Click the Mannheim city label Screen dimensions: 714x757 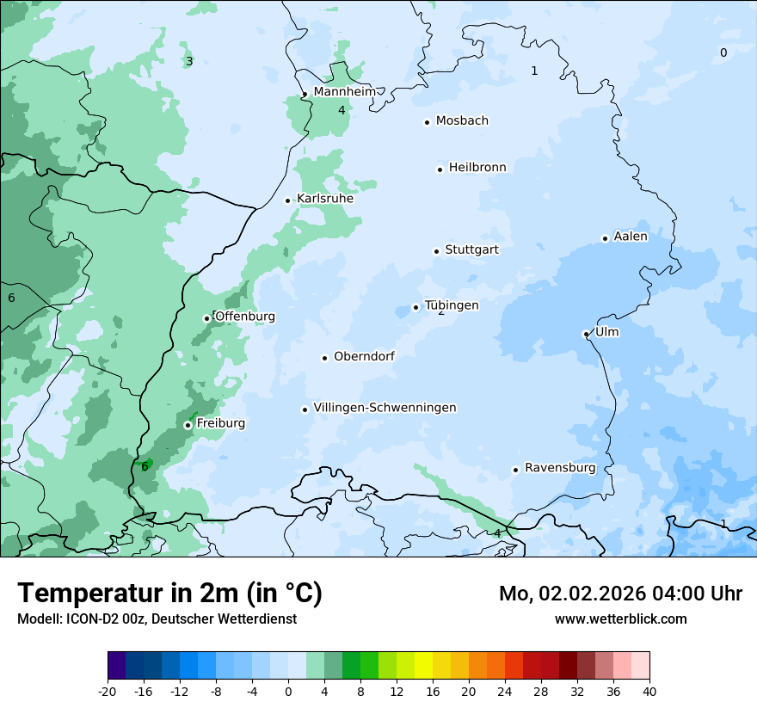point(344,92)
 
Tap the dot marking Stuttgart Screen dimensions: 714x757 point(436,251)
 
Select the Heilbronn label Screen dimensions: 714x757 point(477,168)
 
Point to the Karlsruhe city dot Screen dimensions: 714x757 point(288,200)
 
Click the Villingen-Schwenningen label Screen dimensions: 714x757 point(385,408)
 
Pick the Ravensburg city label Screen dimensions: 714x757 point(560,468)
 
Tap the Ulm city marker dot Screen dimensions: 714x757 point(586,334)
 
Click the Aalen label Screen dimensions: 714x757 point(631,237)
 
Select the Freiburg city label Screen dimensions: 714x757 point(220,423)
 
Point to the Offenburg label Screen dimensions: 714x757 point(245,317)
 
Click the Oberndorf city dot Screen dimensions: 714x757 point(324,358)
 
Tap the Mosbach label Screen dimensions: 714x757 point(462,121)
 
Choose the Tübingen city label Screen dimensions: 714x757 point(452,305)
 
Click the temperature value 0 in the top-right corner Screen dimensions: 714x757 point(723,52)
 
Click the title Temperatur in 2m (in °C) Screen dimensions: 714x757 point(169,594)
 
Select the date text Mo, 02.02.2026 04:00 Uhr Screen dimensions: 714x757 point(620,594)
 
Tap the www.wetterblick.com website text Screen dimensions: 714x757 point(620,619)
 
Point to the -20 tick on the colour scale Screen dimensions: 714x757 point(108,692)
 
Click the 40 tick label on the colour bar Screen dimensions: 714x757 point(649,692)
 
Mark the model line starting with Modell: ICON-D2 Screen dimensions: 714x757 point(157,619)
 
